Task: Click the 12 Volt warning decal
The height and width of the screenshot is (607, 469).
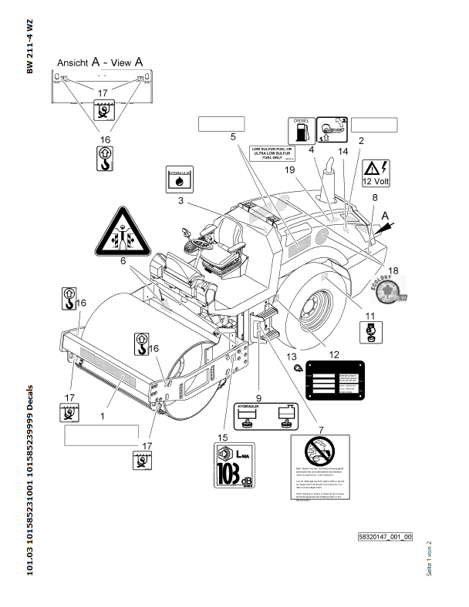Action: click(x=376, y=173)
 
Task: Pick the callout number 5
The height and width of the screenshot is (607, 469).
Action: click(x=232, y=136)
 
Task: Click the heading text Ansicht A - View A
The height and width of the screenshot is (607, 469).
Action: click(x=100, y=61)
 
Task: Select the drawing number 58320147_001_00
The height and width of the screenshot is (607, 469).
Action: click(x=385, y=536)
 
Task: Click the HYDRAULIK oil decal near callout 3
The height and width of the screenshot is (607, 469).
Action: click(x=179, y=178)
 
